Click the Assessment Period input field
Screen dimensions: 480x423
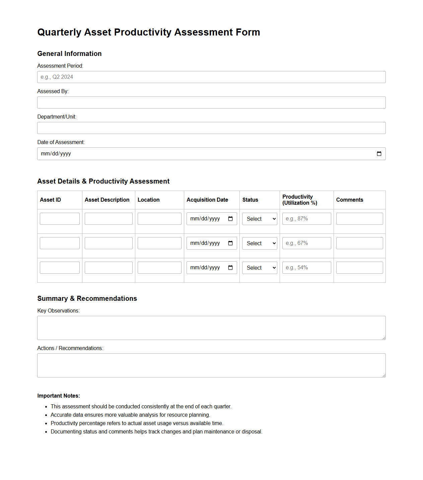(x=211, y=77)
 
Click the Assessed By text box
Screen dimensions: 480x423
(x=211, y=102)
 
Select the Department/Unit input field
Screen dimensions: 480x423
(x=211, y=128)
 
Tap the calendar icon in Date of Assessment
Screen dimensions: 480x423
(x=379, y=154)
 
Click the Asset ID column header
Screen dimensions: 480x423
(x=51, y=200)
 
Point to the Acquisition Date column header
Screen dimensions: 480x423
(x=207, y=200)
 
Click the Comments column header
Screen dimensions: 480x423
(x=349, y=200)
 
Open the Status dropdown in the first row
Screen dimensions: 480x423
(x=260, y=219)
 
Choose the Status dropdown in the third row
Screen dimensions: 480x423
(x=260, y=268)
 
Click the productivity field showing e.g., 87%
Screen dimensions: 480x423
(x=306, y=219)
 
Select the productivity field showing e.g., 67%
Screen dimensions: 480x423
(x=306, y=243)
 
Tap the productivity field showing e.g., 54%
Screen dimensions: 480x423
(x=306, y=268)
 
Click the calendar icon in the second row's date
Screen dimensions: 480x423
(x=230, y=243)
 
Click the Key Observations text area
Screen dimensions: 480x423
(x=211, y=328)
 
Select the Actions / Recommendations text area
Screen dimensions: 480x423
(x=211, y=365)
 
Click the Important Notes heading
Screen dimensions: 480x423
(x=59, y=396)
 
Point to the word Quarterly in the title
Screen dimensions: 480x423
(x=59, y=32)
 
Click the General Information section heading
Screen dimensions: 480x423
(x=69, y=54)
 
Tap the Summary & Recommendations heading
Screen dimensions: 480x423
(x=87, y=298)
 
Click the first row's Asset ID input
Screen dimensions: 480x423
(x=60, y=219)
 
